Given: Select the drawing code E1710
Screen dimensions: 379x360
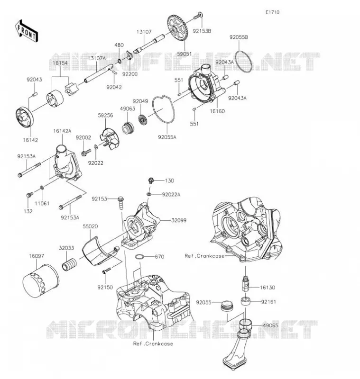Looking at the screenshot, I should point(272,12).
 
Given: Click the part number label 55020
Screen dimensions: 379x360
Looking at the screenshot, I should point(91,227).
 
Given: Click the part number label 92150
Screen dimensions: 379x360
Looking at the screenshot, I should point(105,287).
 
